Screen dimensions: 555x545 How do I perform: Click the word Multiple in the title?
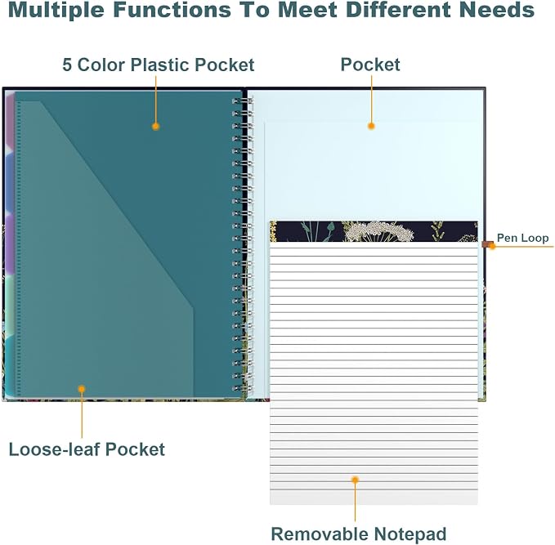[56, 10]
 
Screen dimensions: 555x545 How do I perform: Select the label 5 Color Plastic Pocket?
[159, 65]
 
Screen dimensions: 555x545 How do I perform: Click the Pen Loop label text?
[523, 238]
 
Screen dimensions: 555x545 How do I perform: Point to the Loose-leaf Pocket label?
[87, 449]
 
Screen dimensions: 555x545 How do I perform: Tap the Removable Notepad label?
[359, 534]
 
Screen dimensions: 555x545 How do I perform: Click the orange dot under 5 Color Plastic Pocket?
[156, 127]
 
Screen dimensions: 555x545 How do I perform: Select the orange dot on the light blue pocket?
[371, 126]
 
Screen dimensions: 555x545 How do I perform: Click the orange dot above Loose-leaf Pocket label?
[82, 389]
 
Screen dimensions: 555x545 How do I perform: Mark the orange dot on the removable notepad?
[355, 480]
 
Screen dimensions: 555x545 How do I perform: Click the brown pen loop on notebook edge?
[487, 244]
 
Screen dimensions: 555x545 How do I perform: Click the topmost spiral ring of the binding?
[242, 101]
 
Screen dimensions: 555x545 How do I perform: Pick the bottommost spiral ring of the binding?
[242, 388]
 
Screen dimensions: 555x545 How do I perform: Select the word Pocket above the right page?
[370, 65]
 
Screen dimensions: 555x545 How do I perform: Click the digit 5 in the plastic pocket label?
[67, 65]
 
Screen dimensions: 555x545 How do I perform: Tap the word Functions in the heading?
[172, 9]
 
